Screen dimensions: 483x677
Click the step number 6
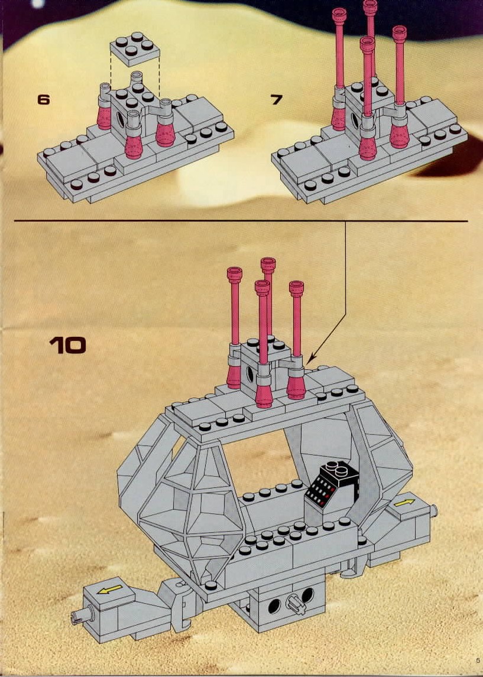[43, 99]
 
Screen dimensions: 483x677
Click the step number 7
[277, 99]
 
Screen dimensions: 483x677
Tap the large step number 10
[67, 346]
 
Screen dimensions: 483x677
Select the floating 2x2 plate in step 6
[135, 48]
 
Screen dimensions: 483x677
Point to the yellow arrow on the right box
[404, 503]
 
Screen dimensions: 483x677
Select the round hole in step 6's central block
[121, 119]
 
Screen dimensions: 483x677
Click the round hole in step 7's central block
[355, 120]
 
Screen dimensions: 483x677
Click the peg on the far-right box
[433, 511]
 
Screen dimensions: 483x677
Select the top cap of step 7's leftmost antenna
[339, 14]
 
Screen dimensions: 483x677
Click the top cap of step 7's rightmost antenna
[400, 32]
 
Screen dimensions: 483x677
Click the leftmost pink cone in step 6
[104, 117]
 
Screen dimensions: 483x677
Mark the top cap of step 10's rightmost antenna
[296, 288]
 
